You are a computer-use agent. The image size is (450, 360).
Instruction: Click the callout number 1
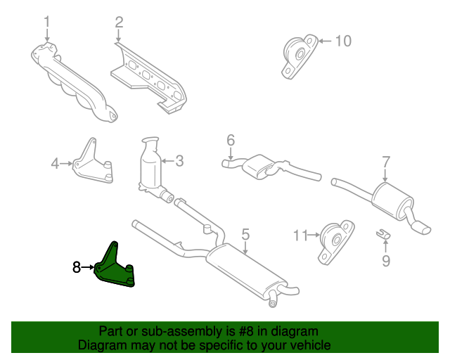pos(47,22)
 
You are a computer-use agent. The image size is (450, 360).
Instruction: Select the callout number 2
pos(119,22)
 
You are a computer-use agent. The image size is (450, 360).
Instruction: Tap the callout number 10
pos(343,41)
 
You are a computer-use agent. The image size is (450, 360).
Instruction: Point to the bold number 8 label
pos(77,267)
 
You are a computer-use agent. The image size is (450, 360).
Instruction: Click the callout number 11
pos(300,236)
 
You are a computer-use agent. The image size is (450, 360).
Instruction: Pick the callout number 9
pos(386,261)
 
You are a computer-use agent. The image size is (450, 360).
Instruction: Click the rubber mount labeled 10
pos(300,56)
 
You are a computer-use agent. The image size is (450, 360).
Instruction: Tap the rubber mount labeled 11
pos(336,242)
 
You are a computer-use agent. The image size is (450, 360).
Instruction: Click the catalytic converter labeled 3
pos(153,167)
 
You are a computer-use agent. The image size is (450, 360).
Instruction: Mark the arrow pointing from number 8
pos(87,268)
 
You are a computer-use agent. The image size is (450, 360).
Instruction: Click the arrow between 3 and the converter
pos(168,161)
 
